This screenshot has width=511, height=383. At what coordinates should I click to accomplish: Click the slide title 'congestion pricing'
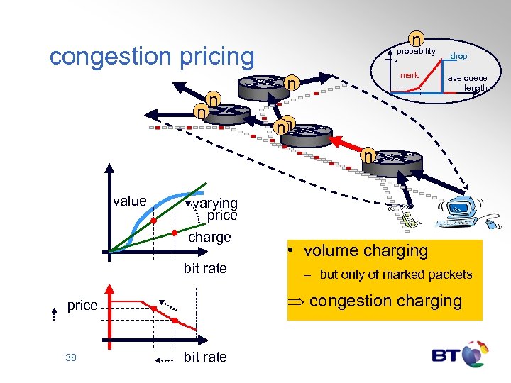[x=151, y=56]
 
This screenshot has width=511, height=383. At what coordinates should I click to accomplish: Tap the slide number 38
[x=70, y=357]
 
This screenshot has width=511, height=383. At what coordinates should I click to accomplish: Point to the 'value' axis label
[x=129, y=201]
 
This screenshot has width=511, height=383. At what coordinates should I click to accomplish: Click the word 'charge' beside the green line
[x=209, y=237]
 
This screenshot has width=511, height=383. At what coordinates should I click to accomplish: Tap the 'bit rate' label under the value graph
[x=205, y=268]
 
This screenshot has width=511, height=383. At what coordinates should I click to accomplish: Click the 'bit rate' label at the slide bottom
[x=205, y=357]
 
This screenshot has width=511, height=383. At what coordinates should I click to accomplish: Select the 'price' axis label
[x=82, y=305]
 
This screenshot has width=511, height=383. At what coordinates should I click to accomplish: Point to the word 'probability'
[x=416, y=52]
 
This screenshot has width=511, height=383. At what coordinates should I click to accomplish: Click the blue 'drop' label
[x=458, y=56]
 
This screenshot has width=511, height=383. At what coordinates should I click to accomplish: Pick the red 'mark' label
[x=410, y=74]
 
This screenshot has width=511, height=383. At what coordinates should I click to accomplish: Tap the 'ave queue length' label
[x=467, y=83]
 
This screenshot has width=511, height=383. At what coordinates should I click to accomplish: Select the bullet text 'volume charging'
[x=366, y=250]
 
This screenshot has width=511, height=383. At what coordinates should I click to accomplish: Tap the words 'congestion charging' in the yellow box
[x=385, y=301]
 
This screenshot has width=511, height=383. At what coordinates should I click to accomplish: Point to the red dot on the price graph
[x=155, y=308]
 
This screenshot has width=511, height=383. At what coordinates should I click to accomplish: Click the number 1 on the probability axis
[x=397, y=63]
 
